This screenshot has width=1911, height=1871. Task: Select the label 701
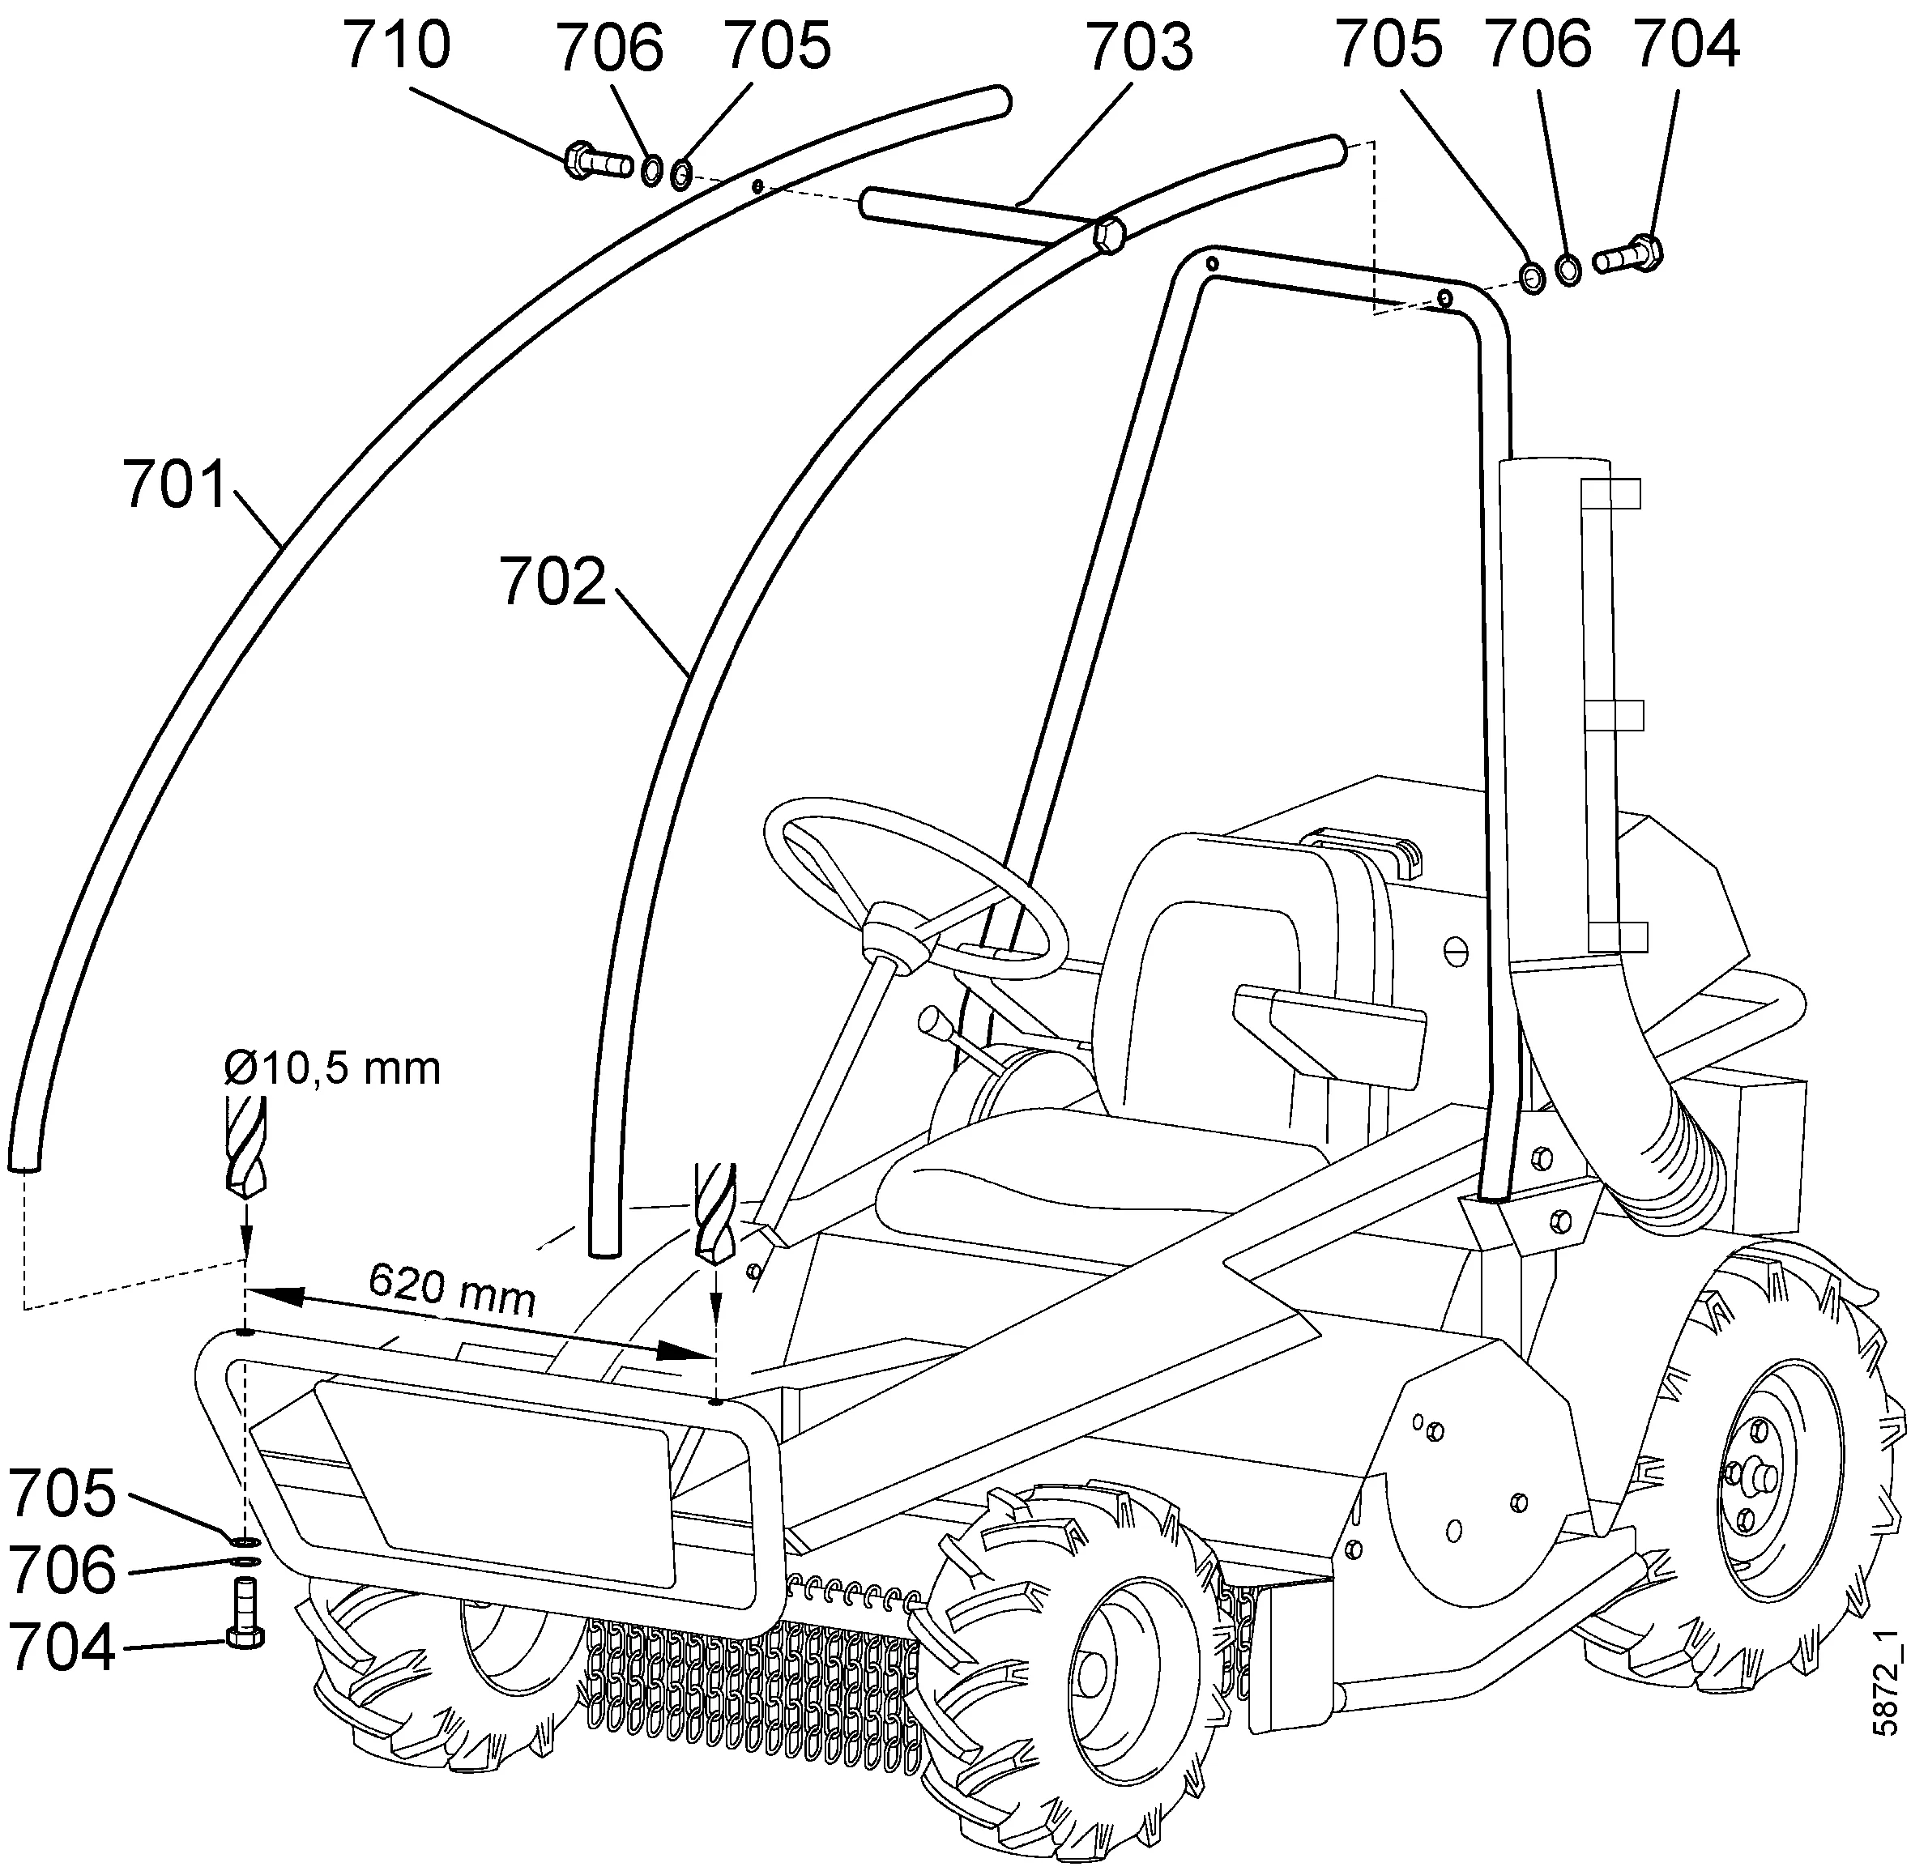pos(175,484)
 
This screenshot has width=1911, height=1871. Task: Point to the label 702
pos(552,582)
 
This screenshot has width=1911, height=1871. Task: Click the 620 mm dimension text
pos(452,1290)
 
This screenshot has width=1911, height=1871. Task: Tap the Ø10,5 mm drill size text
pos(332,1068)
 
